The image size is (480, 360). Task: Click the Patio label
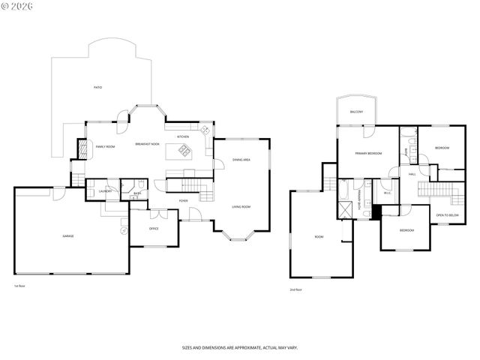97,88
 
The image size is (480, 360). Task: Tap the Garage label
67,235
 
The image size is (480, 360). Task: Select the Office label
154,228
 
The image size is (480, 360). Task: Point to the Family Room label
105,146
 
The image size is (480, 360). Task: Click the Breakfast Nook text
147,143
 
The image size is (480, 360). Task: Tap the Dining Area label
241,160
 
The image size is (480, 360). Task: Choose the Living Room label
241,206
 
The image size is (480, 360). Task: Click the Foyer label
183,201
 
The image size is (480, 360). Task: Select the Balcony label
356,112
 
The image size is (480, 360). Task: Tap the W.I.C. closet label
388,193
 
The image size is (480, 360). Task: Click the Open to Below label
447,215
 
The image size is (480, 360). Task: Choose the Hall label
412,174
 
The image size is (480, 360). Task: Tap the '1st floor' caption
19,286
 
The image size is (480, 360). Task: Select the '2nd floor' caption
296,289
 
